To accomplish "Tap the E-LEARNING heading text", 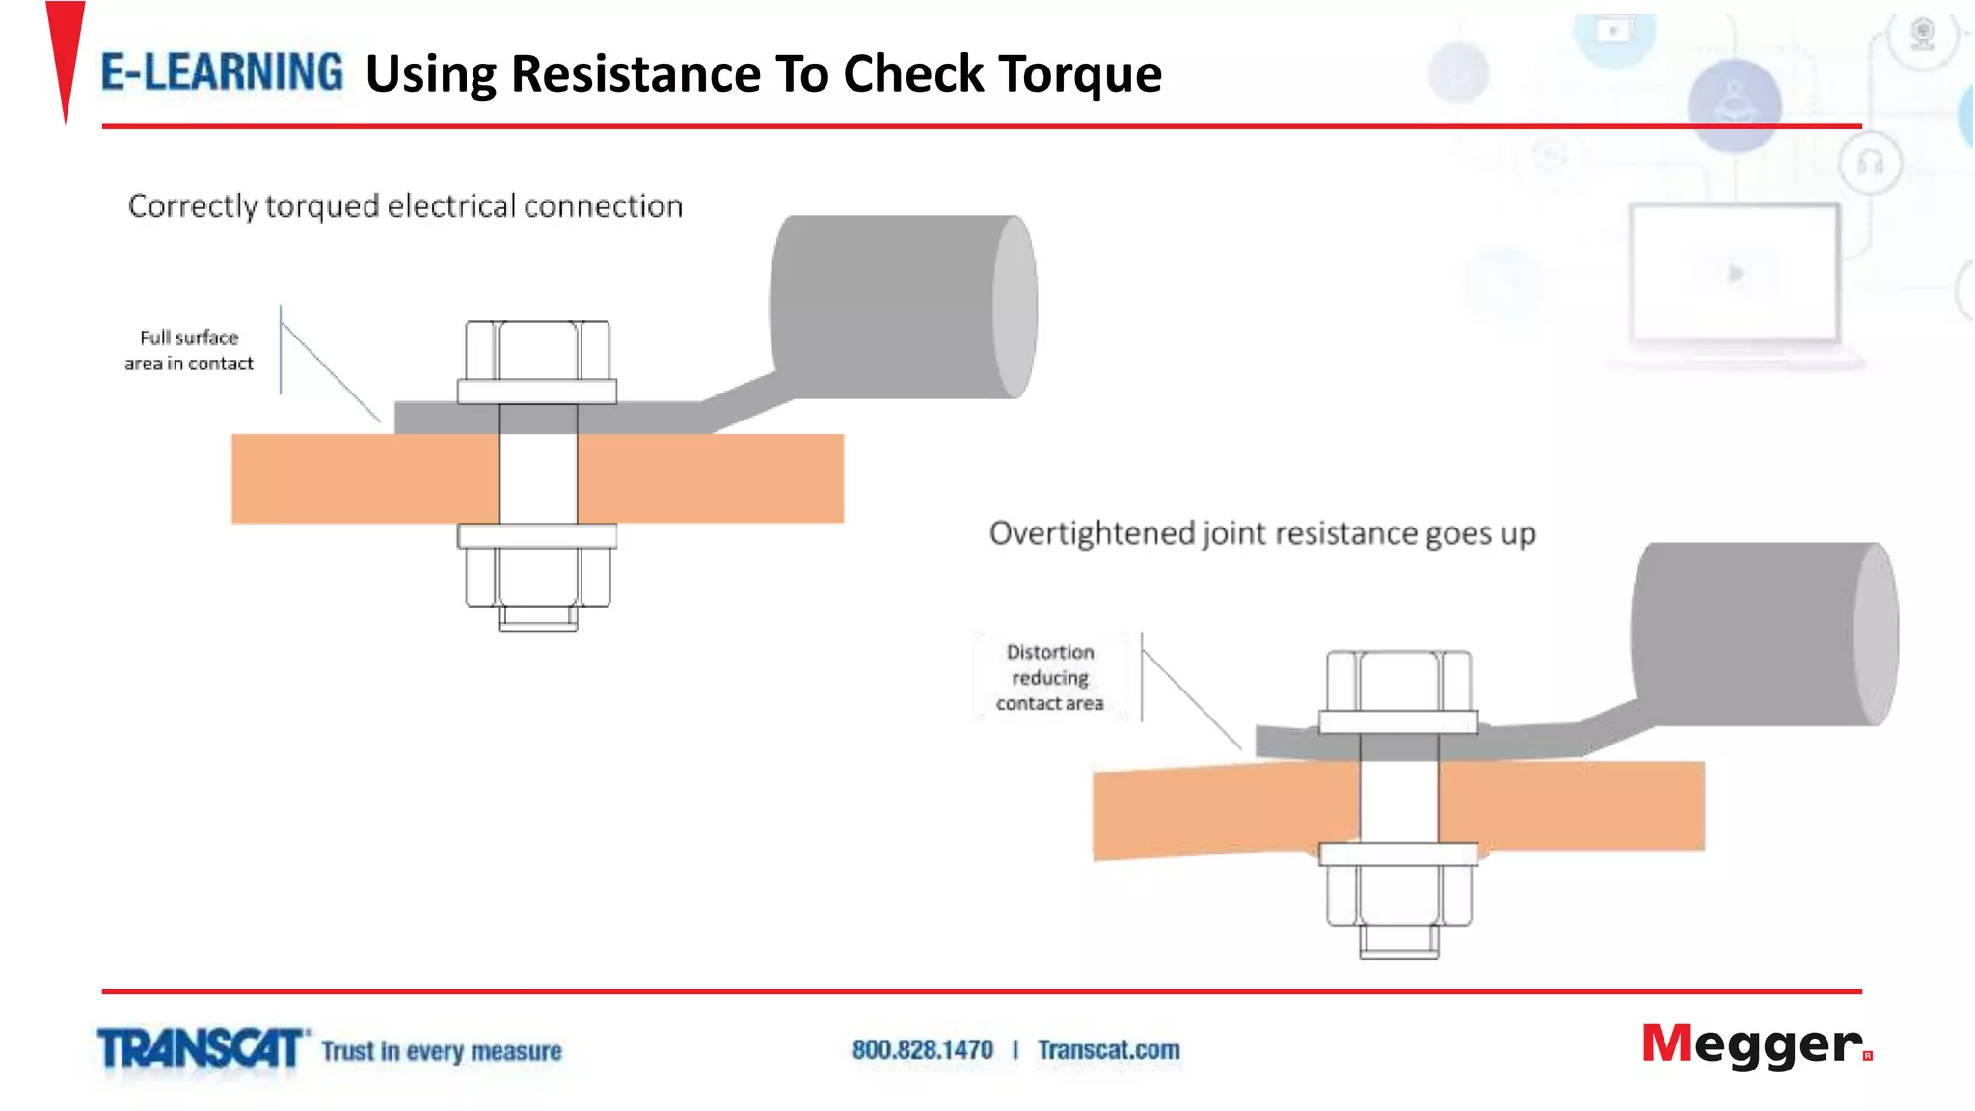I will pos(222,73).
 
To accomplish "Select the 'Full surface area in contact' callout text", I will pos(189,350).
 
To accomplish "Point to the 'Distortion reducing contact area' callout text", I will pos(1049,677).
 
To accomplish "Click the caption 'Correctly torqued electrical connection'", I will pos(405,205).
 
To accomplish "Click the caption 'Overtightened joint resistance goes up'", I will pos(1261,532).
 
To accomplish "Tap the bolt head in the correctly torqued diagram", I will pos(537,350).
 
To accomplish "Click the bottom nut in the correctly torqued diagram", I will pos(537,577).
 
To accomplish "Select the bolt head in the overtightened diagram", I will pos(1398,680).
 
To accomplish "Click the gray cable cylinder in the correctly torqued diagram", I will pos(902,307).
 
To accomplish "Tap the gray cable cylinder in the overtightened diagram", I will pos(1763,634).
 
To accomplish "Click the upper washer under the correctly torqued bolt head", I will pos(537,391).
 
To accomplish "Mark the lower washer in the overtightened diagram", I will pos(1398,854).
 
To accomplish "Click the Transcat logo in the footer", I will pos(201,1049).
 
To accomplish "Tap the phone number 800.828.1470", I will pos(922,1049).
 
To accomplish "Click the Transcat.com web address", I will pos(1108,1049).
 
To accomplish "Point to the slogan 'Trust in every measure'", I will pos(442,1050).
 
